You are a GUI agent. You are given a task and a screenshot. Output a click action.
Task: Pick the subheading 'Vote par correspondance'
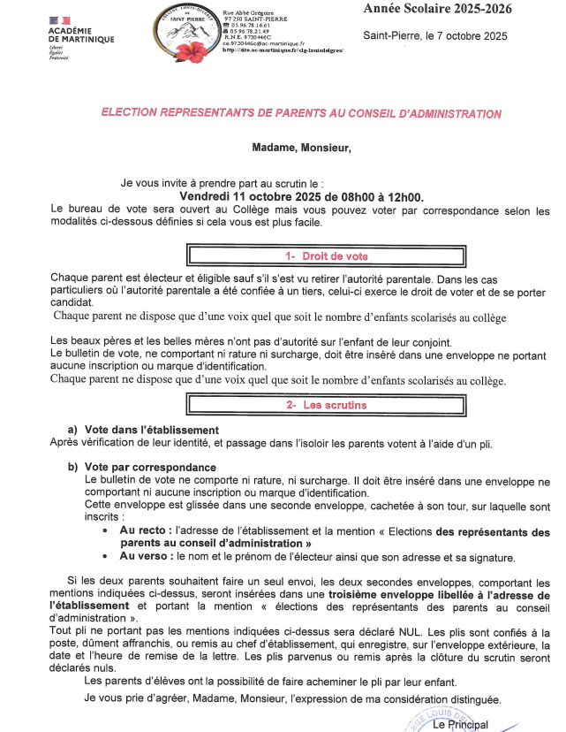[147, 467]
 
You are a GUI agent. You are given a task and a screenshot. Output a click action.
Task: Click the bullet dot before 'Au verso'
[106, 557]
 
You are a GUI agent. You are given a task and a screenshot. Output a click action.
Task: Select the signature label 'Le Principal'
[460, 725]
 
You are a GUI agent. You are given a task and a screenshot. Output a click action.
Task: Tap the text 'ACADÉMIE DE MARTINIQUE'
[78, 35]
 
